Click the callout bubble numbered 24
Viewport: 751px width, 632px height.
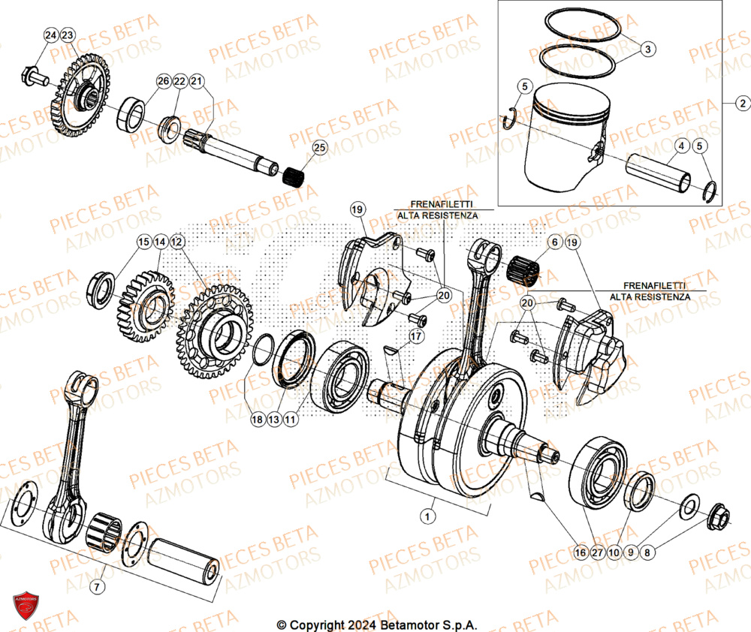point(50,35)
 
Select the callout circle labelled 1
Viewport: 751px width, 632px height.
point(427,516)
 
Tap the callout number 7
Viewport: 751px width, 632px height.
point(97,586)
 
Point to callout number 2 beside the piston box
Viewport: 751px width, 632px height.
point(741,104)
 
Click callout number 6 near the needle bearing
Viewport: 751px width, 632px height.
point(554,242)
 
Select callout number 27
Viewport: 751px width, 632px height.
point(596,552)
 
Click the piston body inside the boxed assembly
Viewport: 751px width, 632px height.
point(566,135)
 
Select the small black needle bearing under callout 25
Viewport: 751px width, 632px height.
point(295,177)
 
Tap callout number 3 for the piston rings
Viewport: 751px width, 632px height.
point(648,48)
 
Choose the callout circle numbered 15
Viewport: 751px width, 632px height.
point(143,242)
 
